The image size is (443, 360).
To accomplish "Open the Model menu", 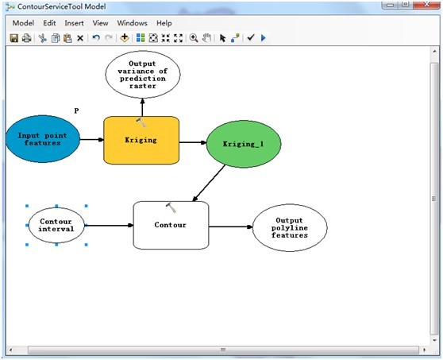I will [x=23, y=23].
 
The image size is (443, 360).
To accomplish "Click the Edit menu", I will [x=49, y=23].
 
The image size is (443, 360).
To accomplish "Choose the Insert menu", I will [x=74, y=23].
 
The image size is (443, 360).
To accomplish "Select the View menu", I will [x=100, y=23].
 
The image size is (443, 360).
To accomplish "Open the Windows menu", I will [x=132, y=23].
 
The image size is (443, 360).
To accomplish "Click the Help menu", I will [x=164, y=23].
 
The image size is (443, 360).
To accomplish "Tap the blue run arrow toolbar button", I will [x=264, y=38].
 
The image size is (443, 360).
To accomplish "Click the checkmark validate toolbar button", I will [x=250, y=38].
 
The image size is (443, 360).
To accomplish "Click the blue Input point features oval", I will [x=43, y=141].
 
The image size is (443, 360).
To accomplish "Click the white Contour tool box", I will [x=170, y=226].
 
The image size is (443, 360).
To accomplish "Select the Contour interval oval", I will [x=56, y=226].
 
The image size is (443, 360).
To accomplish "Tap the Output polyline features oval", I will [x=288, y=227].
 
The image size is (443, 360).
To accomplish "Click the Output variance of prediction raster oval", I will [x=143, y=74].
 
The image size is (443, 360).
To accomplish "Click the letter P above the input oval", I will [x=76, y=110].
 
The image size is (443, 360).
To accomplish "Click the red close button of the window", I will [x=426, y=5].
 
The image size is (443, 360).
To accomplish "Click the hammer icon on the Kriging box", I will [x=141, y=122].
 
